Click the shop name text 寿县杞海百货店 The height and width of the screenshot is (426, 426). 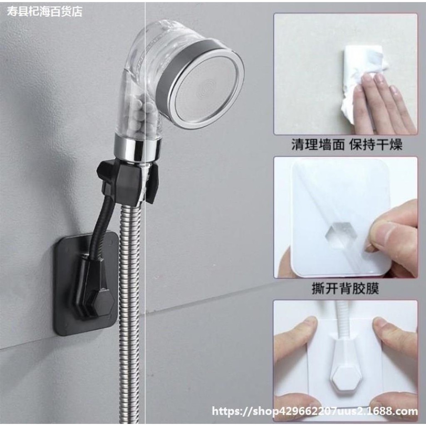pos(44,12)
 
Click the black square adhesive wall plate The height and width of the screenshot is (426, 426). pos(86,284)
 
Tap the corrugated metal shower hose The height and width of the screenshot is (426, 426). pos(130,312)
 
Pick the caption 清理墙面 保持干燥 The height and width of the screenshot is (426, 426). pos(347,144)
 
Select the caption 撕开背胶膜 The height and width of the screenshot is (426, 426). pos(345,288)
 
